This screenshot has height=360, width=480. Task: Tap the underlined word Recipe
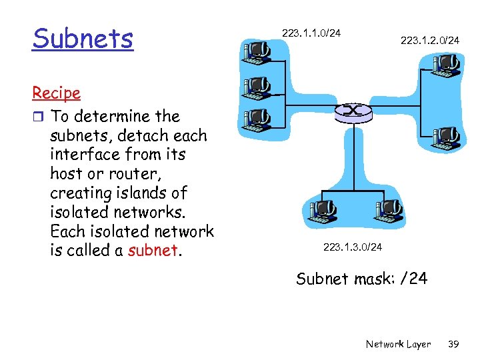pyautogui.click(x=56, y=93)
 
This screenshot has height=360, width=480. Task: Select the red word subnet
pyautogui.click(x=153, y=250)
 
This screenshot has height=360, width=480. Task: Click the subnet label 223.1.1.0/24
pyautogui.click(x=311, y=33)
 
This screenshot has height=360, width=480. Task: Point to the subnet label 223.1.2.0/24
pyautogui.click(x=429, y=41)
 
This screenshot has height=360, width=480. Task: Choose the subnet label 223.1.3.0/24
pyautogui.click(x=353, y=247)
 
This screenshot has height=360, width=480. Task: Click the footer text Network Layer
pyautogui.click(x=398, y=344)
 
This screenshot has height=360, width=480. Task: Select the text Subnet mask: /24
pyautogui.click(x=361, y=278)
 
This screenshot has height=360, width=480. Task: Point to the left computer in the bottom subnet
pyautogui.click(x=321, y=211)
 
